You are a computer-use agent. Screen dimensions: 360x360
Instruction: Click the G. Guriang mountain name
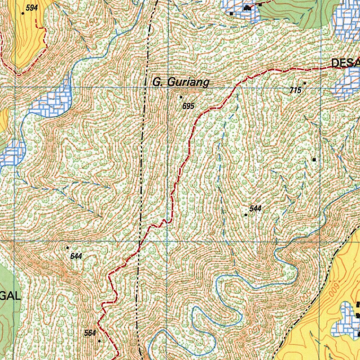pos(181,82)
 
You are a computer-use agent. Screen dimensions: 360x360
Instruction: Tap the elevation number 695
pos(188,106)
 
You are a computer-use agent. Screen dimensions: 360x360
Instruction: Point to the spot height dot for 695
pos(181,97)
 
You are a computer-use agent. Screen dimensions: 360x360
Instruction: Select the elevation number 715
pos(296,90)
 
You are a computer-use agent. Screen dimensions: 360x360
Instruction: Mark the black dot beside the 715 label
pos(305,83)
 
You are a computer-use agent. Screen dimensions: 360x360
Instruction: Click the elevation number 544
pos(256,208)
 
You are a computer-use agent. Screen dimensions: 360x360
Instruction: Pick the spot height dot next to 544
pos(246,214)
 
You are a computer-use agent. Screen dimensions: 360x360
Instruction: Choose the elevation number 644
pos(76,256)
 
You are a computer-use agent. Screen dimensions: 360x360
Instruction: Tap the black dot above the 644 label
pos(67,248)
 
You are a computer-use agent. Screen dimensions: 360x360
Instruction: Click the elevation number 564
pos(90,333)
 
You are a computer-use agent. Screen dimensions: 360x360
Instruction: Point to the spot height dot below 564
pos(99,341)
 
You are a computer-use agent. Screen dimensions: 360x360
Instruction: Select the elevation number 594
pos(32,8)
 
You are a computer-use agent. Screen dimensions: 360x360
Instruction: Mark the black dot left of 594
pos(23,13)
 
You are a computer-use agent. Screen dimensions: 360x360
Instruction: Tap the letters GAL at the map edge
pos(11,296)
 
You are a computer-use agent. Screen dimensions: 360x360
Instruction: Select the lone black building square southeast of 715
pos(314,160)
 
